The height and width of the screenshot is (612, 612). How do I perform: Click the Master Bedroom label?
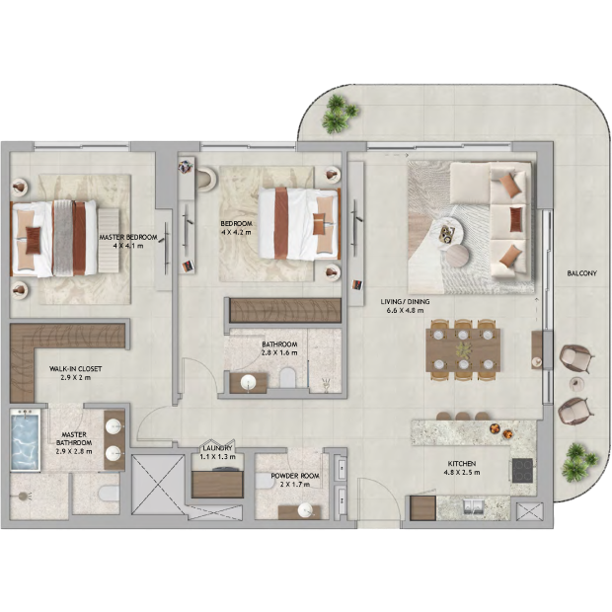tap(128, 237)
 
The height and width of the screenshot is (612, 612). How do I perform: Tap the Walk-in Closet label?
tap(75, 369)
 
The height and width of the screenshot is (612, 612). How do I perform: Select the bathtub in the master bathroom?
tap(26, 438)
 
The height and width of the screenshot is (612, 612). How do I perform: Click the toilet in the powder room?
tap(264, 482)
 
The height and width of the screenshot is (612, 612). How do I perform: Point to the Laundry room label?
tap(217, 448)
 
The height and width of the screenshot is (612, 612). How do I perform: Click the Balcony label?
tap(581, 273)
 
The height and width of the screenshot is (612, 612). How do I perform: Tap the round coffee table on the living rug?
tap(458, 256)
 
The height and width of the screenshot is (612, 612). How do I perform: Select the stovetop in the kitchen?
tap(522, 470)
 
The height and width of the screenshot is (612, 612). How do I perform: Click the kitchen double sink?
tap(474, 504)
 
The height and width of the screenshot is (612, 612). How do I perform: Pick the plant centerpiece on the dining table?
tap(464, 350)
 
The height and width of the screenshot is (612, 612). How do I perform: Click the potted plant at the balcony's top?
tap(339, 114)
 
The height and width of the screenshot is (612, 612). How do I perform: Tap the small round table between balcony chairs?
tap(576, 383)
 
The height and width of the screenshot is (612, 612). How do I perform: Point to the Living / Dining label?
tap(405, 302)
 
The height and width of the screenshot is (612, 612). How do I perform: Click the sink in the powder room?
tap(305, 509)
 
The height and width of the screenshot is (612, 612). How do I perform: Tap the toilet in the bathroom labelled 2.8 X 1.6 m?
tap(288, 377)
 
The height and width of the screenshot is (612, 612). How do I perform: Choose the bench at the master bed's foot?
tap(109, 241)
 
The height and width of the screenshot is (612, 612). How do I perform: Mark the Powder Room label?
tap(295, 476)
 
